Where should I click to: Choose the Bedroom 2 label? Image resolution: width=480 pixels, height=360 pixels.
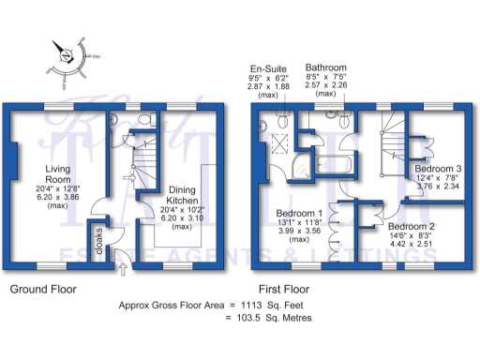tap(412, 227)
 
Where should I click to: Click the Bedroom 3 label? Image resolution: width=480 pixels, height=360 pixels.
tap(438, 169)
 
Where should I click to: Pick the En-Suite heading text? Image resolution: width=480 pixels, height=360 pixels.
tap(267, 68)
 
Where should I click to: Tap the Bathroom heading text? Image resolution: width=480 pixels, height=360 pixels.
tap(325, 68)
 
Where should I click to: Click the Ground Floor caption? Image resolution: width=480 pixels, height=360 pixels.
tap(43, 290)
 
